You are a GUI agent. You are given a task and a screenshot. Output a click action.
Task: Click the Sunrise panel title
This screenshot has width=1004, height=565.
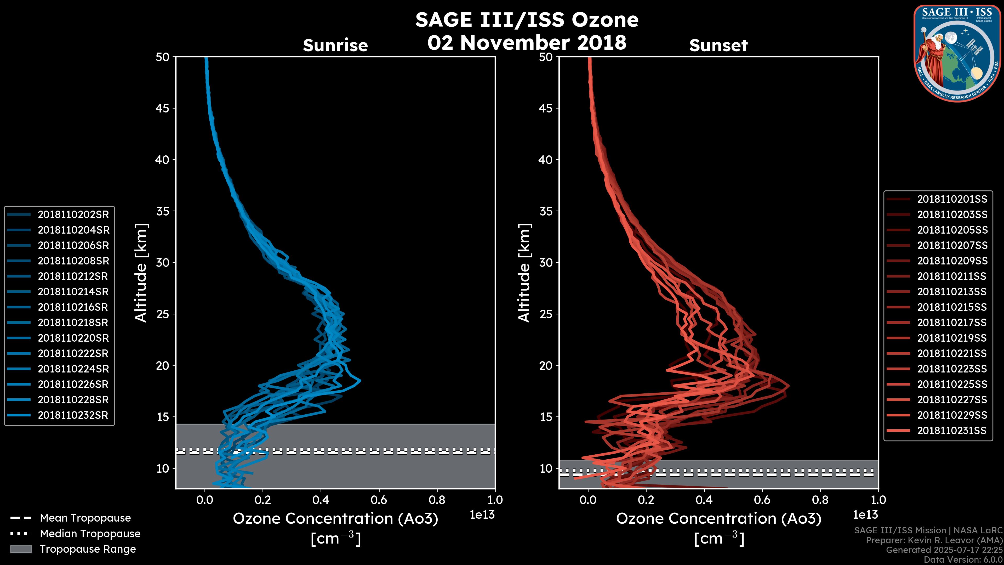[335, 46]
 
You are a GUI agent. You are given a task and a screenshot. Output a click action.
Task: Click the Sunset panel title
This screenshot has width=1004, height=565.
[718, 46]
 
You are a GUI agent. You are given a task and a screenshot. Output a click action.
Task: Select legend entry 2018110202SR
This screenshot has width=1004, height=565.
[73, 214]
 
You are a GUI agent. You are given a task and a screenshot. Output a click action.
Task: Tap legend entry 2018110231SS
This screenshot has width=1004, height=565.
[951, 431]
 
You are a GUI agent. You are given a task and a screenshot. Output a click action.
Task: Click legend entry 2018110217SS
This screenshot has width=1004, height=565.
[952, 323]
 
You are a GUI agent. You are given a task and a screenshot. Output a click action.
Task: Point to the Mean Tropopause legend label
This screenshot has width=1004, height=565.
[85, 518]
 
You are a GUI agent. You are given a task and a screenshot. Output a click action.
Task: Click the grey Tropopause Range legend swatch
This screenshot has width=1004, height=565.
[21, 549]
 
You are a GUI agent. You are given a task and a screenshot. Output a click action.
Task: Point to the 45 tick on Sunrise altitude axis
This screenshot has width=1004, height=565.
[163, 108]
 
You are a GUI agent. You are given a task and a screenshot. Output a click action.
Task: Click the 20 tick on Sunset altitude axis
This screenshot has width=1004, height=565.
[546, 365]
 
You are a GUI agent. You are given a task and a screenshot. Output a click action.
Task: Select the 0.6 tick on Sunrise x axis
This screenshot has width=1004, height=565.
[379, 500]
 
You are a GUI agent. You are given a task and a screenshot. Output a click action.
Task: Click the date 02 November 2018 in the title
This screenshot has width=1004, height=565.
[527, 42]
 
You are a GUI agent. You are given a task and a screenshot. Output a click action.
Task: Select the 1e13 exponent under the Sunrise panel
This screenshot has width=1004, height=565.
[482, 515]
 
